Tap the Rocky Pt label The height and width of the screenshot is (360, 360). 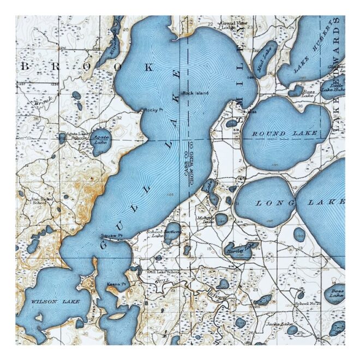click(153, 110)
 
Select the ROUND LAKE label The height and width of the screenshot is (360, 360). click(277, 133)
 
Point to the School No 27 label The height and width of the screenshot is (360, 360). click(307, 303)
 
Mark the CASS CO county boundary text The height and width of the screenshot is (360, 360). click(186, 169)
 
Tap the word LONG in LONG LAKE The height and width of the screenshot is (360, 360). click(267, 203)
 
